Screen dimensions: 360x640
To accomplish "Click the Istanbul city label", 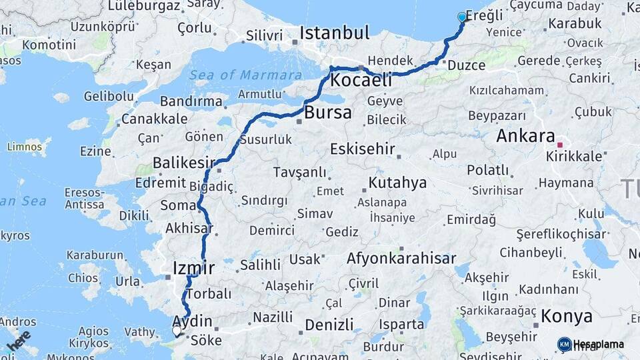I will click(334, 33).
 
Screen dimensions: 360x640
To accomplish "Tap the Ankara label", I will click(525, 137).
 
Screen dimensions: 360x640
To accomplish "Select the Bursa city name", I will click(327, 113).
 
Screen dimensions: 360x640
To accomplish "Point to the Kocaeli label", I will click(361, 81).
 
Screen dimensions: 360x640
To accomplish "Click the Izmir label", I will click(193, 268).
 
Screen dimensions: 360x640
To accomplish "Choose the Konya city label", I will click(567, 315).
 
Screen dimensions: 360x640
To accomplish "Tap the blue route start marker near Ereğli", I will click(462, 17).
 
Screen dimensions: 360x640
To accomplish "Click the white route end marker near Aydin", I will click(177, 330).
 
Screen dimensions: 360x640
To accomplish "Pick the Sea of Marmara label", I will click(245, 75).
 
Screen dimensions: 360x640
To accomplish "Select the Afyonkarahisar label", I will click(401, 258).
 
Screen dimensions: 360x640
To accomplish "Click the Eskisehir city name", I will click(363, 149).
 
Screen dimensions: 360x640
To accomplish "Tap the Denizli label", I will click(329, 325).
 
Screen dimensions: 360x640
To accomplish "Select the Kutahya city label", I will click(398, 182).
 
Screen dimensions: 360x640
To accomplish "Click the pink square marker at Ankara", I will click(560, 144).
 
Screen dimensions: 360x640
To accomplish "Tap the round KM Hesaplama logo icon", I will click(565, 344).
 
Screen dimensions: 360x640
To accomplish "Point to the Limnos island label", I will click(24, 147).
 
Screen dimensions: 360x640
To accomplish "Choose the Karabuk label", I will click(575, 23).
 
